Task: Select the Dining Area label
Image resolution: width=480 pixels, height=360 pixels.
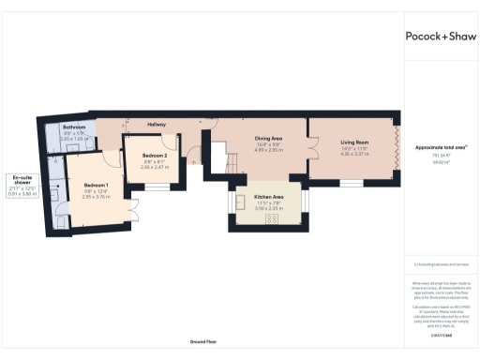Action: (269, 138)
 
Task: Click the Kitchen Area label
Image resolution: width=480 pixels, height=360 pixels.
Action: (269, 197)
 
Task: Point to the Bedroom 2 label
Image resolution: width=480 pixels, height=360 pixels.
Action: (155, 155)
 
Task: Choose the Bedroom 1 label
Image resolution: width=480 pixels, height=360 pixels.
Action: (96, 185)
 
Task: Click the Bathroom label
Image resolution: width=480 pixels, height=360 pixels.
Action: (74, 127)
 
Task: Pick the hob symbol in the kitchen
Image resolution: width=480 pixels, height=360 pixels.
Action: (274, 219)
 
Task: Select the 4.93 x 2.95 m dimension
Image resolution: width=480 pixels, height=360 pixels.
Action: (269, 150)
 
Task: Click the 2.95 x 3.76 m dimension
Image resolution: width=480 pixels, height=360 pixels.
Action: (96, 197)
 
